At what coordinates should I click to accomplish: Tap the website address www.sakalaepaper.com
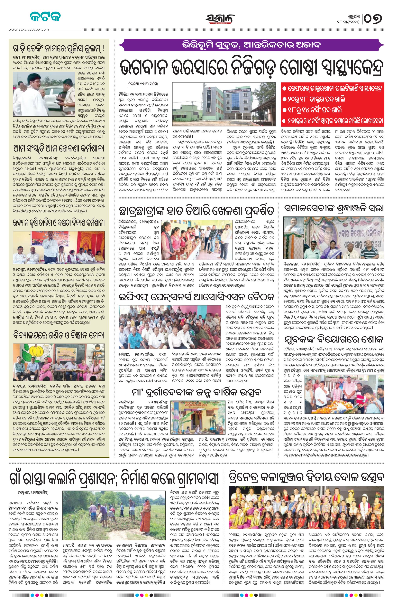tap(29, 29)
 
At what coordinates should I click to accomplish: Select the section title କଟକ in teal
tap(45, 17)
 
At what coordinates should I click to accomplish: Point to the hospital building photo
tap(224, 104)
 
